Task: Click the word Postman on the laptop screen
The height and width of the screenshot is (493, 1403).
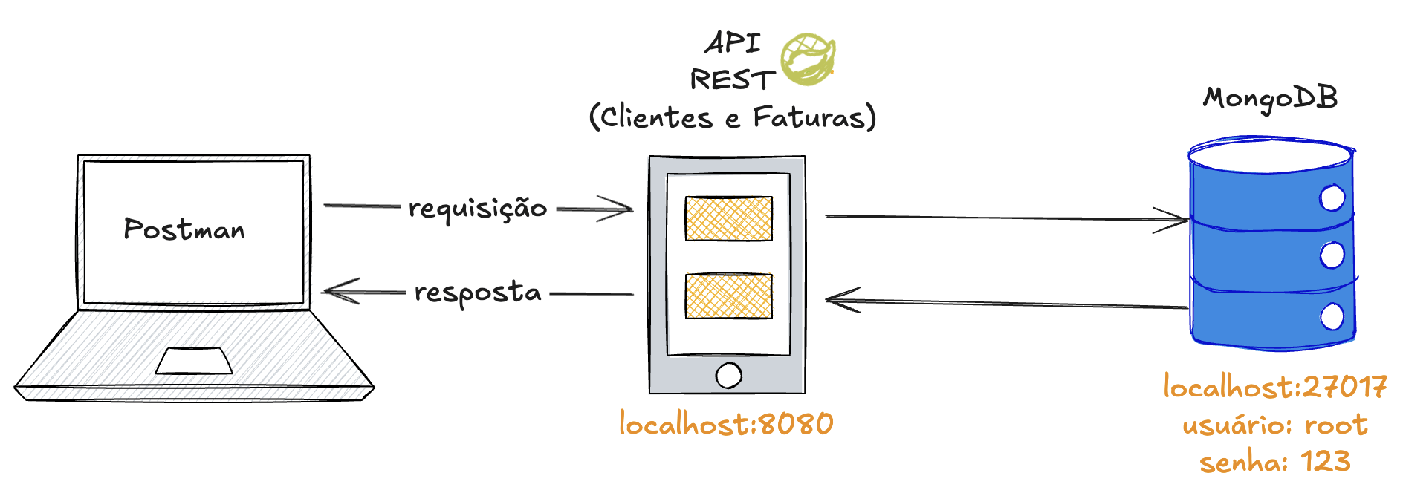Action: click(184, 229)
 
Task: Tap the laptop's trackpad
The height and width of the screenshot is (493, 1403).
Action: click(194, 361)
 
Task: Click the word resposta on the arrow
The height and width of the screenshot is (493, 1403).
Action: click(478, 293)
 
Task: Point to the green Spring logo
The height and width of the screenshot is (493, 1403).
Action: click(808, 58)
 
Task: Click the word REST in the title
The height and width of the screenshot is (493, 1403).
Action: click(732, 79)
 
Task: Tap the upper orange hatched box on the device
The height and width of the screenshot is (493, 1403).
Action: click(728, 218)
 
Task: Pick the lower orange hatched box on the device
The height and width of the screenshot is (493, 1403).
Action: click(728, 296)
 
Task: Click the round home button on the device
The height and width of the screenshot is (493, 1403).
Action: click(728, 375)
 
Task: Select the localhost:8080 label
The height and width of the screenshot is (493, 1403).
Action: click(726, 424)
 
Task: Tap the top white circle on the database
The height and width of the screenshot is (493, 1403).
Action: click(1332, 198)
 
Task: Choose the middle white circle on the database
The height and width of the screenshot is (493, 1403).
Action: click(1332, 255)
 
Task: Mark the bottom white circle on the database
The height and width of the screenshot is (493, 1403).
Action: click(1332, 317)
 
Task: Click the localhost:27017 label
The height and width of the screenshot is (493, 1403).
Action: click(1274, 387)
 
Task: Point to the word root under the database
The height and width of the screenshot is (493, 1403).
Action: click(1335, 425)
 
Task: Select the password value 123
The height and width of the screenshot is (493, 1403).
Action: click(1325, 462)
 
